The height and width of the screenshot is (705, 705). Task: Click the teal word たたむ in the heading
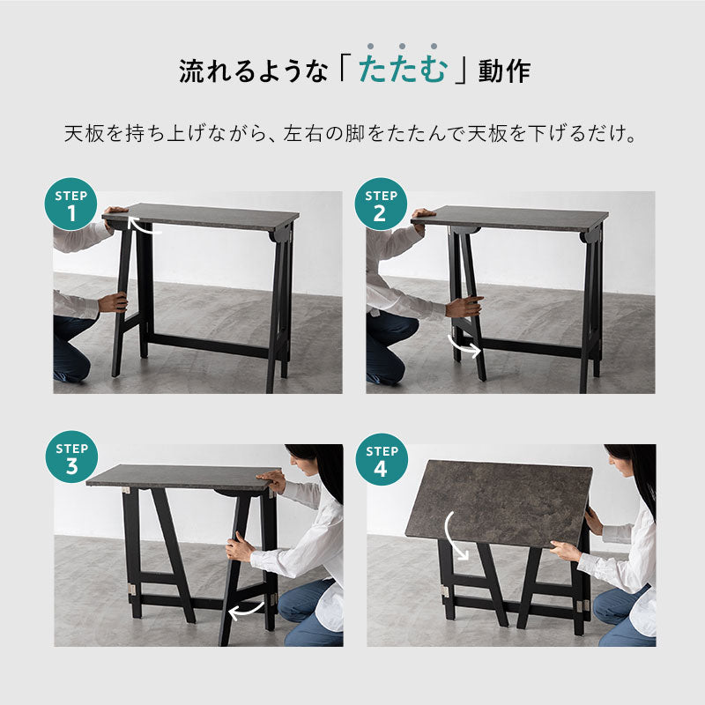tap(403, 70)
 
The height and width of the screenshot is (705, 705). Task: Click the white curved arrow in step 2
tap(464, 345)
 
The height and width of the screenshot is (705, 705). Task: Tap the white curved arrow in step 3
tap(247, 609)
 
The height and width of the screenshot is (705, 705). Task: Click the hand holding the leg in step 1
tap(114, 303)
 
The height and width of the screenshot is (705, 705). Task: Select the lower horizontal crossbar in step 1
tap(207, 343)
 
